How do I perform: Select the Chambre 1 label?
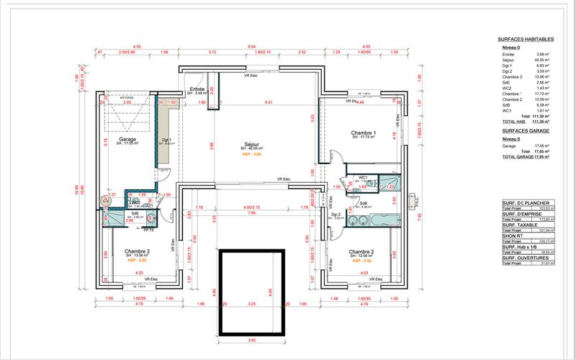pos(363,133)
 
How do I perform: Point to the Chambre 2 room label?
pos(361,252)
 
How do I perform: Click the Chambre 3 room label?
pos(136,251)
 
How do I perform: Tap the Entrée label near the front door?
pos(197,89)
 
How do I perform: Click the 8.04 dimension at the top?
pos(251,46)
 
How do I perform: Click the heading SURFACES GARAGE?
pos(526,132)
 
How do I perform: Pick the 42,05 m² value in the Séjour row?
pos(544,59)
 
